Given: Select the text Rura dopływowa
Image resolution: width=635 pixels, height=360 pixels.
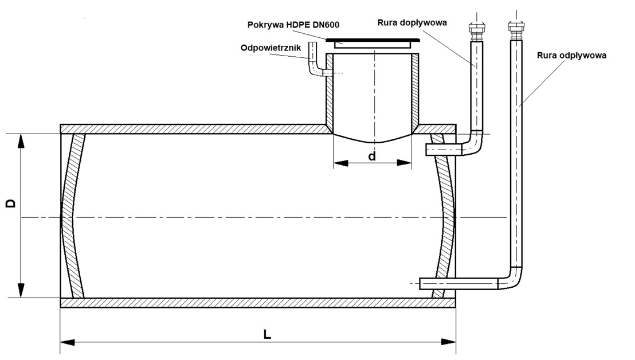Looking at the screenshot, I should click(x=411, y=23).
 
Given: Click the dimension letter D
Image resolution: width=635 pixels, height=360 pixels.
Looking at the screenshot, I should click(x=10, y=205).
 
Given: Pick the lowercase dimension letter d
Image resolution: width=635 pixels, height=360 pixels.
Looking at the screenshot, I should click(x=372, y=155).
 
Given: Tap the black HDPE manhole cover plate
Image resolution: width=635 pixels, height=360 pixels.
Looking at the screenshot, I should click(x=372, y=41).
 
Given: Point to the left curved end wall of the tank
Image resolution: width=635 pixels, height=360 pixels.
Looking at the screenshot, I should click(x=72, y=217).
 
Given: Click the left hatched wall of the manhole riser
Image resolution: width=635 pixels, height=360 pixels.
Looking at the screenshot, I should click(x=330, y=92).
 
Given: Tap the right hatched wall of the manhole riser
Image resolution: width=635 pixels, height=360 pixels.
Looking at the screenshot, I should click(x=415, y=92).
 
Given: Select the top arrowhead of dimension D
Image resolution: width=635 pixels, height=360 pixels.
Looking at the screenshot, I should click(x=22, y=141).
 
